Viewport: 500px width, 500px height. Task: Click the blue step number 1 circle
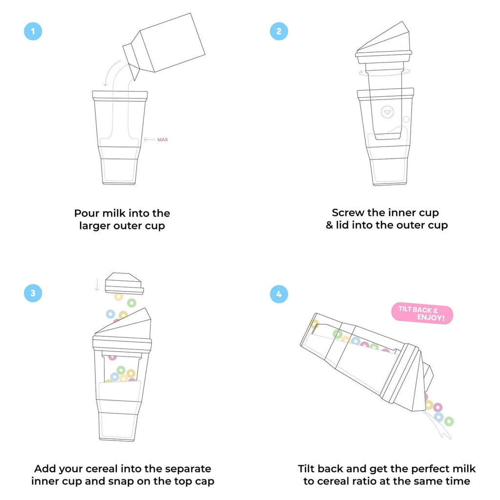coord(33,32)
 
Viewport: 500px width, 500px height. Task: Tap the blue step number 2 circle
coord(279,32)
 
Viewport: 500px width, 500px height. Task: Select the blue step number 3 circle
coord(33,293)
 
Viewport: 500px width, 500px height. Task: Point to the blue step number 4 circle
coord(279,294)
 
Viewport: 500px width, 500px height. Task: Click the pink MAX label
coord(163,140)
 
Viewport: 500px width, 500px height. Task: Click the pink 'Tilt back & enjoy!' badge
coord(422,314)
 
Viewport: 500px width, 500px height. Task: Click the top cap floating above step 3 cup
coord(125,283)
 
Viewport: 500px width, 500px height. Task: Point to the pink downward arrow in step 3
coord(97,284)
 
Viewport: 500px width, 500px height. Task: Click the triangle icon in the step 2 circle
coord(387,112)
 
